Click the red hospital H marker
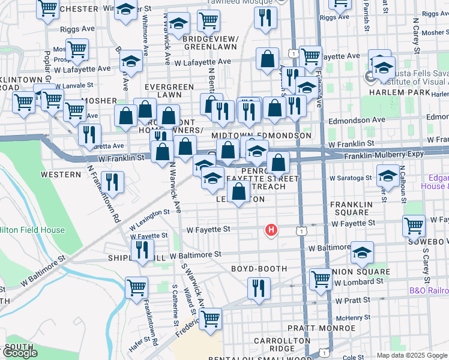pos(271,229)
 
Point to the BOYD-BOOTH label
pos(259,269)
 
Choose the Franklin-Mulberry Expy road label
pos(383,154)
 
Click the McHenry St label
pos(351,318)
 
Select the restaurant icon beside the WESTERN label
pos(112,181)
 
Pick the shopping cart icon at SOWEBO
pos(414,226)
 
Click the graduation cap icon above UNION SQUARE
pos(362,253)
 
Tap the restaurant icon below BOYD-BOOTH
pos(259,287)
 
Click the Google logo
pos(20,353)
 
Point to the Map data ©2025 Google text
pos(412,355)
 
